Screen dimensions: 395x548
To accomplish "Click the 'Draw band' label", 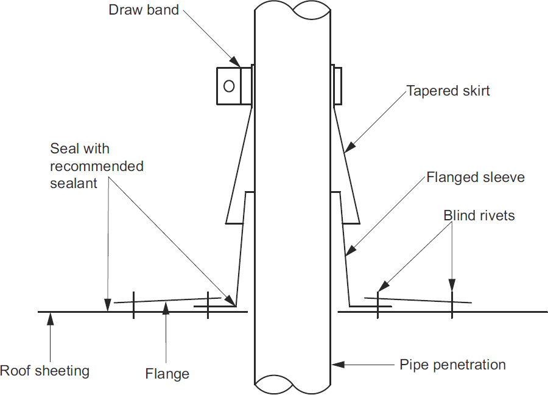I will pyautogui.click(x=144, y=10).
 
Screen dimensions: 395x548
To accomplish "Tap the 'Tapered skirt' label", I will pyautogui.click(x=448, y=91).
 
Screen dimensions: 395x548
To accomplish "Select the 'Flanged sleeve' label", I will pyautogui.click(x=476, y=178).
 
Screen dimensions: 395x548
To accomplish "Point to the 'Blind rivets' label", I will pyautogui.click(x=479, y=215).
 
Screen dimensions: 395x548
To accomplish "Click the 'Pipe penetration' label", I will pyautogui.click(x=452, y=365).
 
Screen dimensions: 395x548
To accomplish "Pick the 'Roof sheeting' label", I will pyautogui.click(x=44, y=371).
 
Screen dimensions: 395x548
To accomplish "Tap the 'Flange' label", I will pyautogui.click(x=167, y=373).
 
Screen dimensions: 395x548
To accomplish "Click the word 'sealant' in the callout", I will pyautogui.click(x=74, y=183).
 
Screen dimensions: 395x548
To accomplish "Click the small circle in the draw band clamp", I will pyautogui.click(x=229, y=86).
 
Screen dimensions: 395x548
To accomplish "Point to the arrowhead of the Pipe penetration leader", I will pyautogui.click(x=334, y=365).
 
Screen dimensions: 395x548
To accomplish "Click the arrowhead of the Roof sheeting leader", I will pyautogui.click(x=51, y=315).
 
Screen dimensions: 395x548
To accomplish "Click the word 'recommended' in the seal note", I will pyautogui.click(x=97, y=166).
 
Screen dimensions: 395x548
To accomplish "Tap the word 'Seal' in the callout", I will pyautogui.click(x=63, y=149).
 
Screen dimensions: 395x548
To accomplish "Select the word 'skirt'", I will pyautogui.click(x=476, y=91).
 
